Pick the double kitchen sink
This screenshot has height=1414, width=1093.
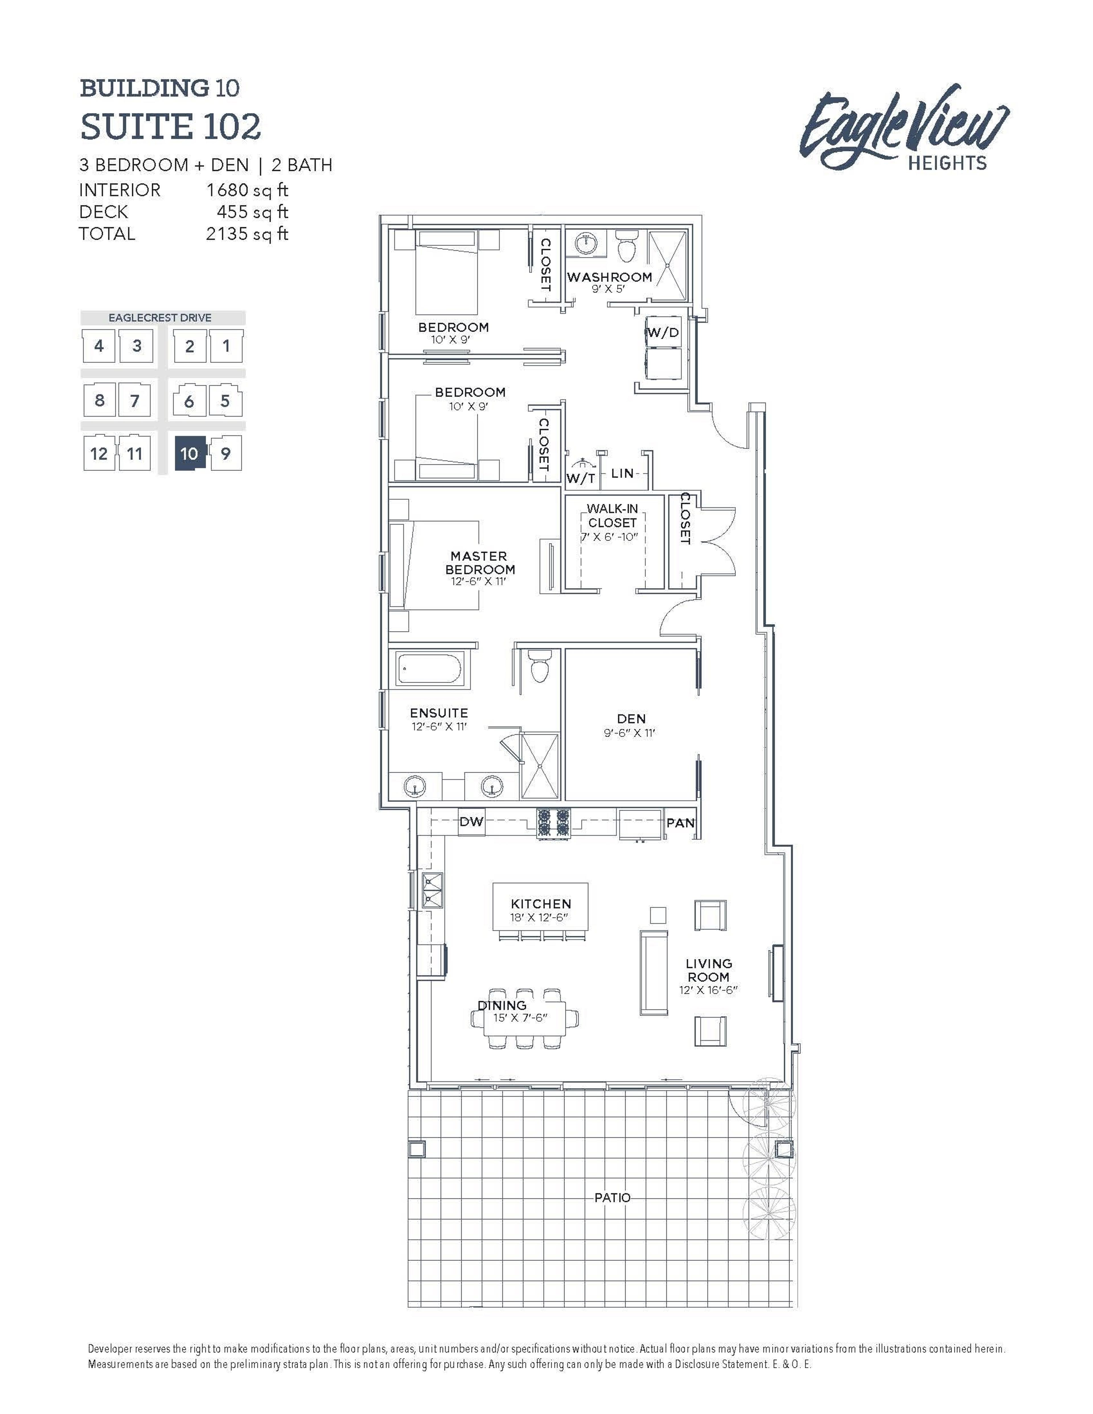point(432,890)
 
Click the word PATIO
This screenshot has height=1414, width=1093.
point(612,1198)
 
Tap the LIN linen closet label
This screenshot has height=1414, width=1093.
point(622,473)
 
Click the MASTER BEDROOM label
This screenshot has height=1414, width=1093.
point(479,563)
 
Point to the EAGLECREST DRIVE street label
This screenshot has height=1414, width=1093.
point(160,318)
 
